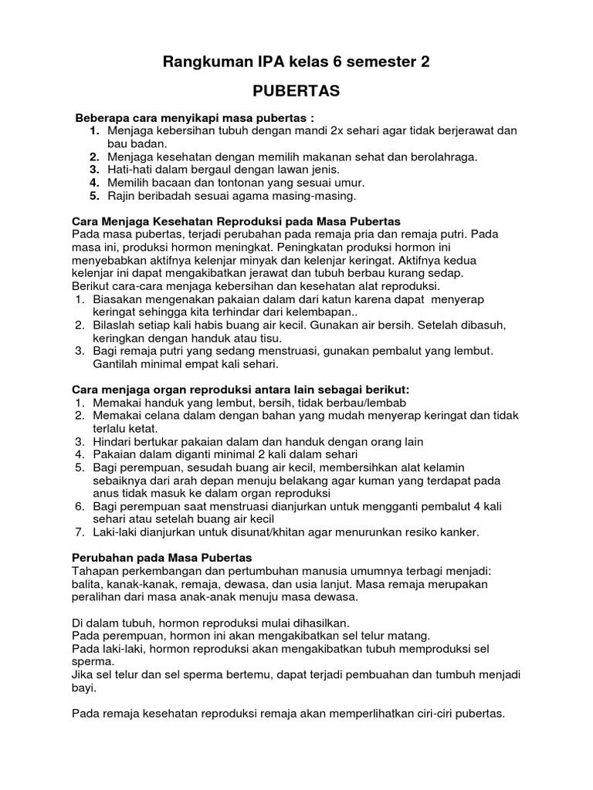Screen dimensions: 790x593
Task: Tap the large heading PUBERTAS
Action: [296, 91]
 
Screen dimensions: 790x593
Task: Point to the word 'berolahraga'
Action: [441, 157]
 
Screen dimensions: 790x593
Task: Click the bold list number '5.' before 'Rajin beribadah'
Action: [93, 196]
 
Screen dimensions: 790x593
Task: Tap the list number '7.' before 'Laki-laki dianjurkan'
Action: [80, 532]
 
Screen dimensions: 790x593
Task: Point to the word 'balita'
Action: [86, 584]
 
